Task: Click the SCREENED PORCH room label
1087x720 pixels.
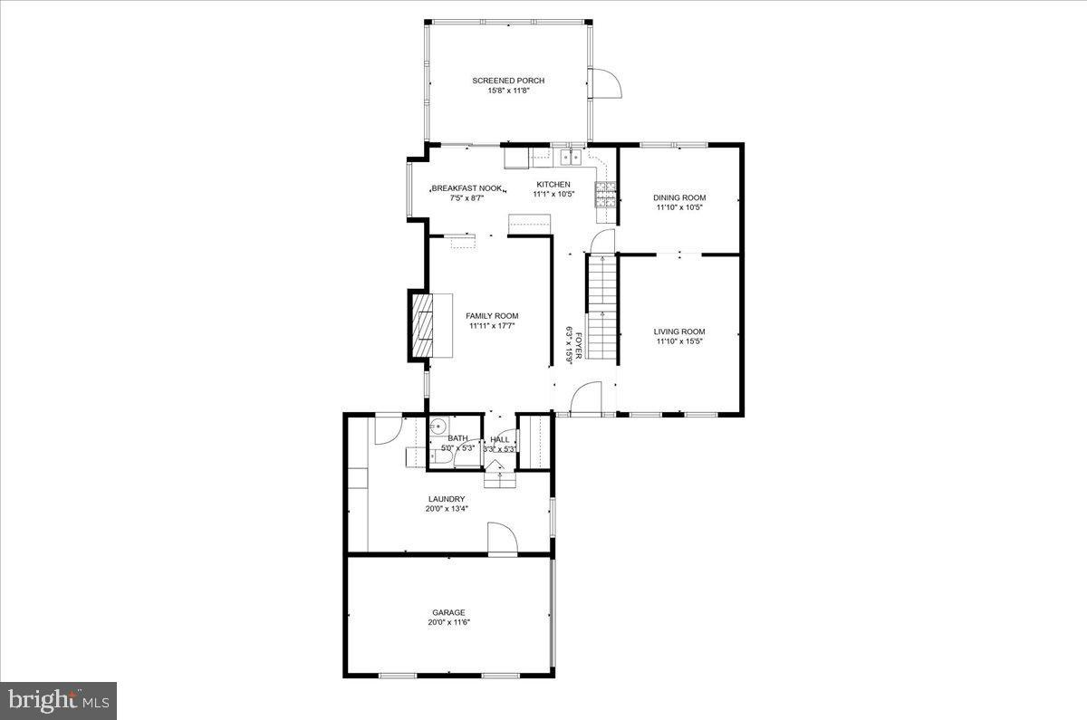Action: pos(508,81)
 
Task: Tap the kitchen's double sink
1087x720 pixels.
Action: pos(571,158)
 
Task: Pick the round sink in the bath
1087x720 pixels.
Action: pos(439,427)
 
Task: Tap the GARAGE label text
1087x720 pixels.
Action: pos(447,612)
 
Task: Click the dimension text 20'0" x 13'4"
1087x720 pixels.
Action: pos(447,509)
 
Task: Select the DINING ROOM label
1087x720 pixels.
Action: pos(679,197)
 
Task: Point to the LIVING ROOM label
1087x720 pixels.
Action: pos(679,331)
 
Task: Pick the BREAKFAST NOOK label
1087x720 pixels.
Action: pos(467,188)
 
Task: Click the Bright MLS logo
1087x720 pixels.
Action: pos(58,700)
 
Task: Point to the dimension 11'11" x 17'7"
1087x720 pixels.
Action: pos(493,326)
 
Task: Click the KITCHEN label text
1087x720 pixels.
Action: pos(553,184)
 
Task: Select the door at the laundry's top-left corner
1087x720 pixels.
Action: pos(388,427)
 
